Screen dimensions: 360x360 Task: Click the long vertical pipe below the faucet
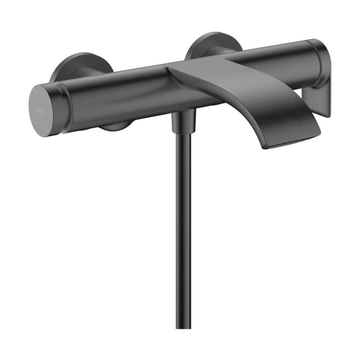[184, 231]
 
